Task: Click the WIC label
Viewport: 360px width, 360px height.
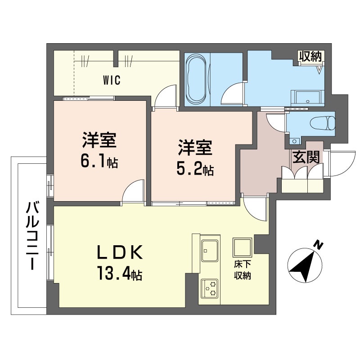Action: pyautogui.click(x=111, y=81)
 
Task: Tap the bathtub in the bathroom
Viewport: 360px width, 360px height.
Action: pyautogui.click(x=196, y=77)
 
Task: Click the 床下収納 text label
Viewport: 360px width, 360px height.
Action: pyautogui.click(x=242, y=270)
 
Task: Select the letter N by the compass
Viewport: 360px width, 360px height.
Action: pyautogui.click(x=319, y=245)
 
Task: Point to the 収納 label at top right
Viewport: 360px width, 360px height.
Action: pyautogui.click(x=310, y=57)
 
